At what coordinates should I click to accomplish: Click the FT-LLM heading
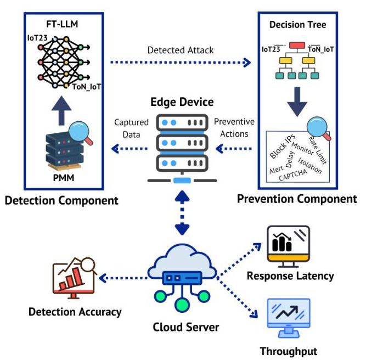62,24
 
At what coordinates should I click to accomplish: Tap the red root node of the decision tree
297,46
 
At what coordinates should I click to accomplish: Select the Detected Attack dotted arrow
181,63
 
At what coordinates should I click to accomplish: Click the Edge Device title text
182,102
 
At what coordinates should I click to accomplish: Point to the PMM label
64,178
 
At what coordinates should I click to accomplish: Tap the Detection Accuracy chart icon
74,278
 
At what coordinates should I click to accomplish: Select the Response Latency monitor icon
289,246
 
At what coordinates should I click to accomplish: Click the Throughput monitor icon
289,318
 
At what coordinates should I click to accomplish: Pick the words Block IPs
283,147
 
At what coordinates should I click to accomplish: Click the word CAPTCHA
293,175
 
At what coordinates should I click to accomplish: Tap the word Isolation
309,166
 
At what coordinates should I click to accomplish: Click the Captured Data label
131,128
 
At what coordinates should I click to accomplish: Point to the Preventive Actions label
234,128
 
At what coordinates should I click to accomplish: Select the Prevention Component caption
297,199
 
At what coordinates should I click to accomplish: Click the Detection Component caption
61,200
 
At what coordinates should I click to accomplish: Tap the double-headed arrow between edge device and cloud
182,213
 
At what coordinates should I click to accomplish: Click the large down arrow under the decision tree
297,102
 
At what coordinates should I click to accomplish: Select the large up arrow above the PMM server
61,110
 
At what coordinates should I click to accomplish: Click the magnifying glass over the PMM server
81,132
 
